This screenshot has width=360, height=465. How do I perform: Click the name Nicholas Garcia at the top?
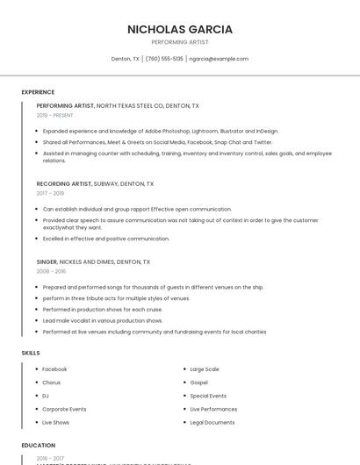[180, 29]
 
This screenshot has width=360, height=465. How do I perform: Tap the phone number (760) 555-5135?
[164, 59]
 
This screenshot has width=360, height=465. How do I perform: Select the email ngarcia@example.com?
[219, 59]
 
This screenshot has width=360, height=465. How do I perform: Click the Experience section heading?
[38, 92]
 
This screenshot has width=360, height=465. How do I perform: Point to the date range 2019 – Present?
[55, 115]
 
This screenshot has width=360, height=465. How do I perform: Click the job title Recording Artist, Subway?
[95, 184]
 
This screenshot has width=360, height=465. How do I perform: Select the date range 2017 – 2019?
[50, 193]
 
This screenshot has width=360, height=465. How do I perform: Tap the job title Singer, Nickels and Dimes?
[93, 261]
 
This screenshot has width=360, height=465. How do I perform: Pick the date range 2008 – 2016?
[51, 271]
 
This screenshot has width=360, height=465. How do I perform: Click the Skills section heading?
[31, 353]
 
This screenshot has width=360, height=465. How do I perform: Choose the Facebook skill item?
[54, 369]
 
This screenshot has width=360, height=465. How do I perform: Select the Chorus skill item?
[52, 383]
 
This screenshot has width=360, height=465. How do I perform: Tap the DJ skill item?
[46, 396]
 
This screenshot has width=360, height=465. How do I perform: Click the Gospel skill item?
[198, 383]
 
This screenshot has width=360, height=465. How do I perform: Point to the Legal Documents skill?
[212, 422]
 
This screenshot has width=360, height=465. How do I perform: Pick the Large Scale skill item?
[205, 369]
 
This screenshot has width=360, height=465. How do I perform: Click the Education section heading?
[39, 445]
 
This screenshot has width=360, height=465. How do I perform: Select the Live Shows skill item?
[55, 422]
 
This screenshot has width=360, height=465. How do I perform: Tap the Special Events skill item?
[208, 396]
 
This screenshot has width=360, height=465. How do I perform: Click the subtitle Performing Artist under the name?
[180, 42]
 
